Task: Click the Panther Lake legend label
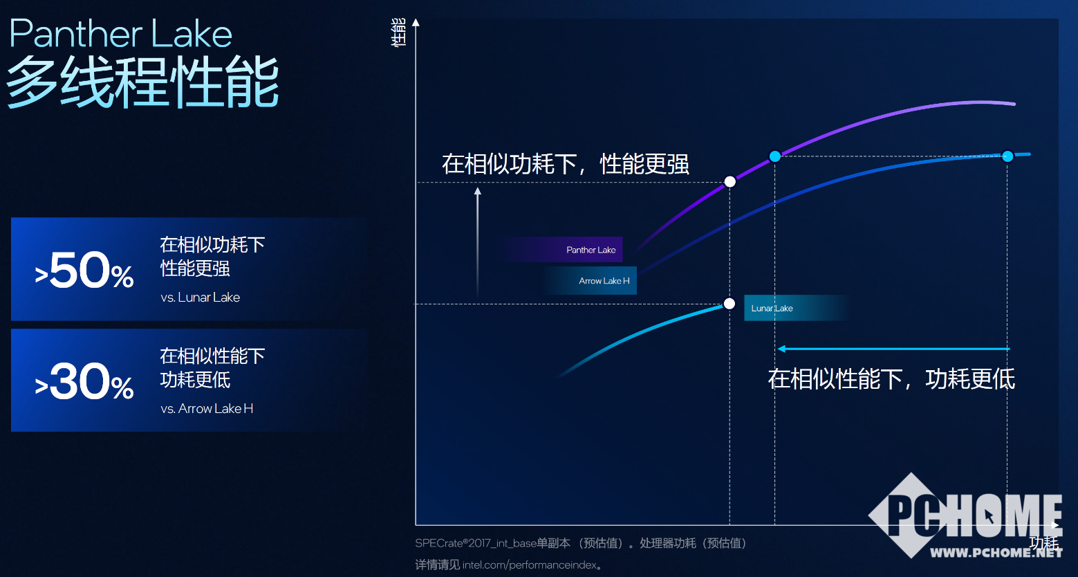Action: (x=591, y=250)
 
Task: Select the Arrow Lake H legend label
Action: (x=604, y=281)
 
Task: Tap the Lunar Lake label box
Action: (x=772, y=309)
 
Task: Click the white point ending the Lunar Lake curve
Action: (x=729, y=304)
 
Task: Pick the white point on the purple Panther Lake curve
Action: (x=729, y=182)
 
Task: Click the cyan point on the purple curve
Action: (x=775, y=156)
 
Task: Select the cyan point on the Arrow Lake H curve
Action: (x=1007, y=156)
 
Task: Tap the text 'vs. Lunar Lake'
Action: (x=200, y=297)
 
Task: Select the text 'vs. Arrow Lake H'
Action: (x=207, y=409)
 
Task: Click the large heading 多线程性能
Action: (x=142, y=83)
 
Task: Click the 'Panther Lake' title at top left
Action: (x=121, y=34)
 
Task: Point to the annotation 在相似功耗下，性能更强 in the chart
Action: (x=565, y=164)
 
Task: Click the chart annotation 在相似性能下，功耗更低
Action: (x=891, y=379)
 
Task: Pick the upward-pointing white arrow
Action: (x=477, y=242)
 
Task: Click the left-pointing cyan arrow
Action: (x=893, y=349)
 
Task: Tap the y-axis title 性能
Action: (x=399, y=33)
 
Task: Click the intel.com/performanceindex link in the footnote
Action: (x=529, y=565)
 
